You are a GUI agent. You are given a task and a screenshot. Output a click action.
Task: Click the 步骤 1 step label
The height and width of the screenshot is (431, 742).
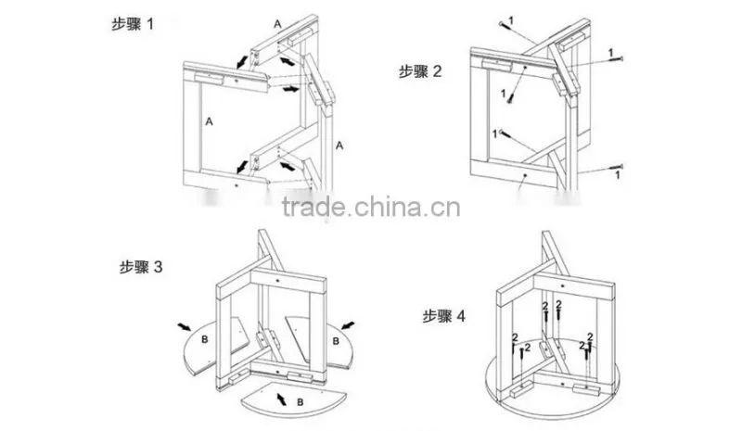pos(133,24)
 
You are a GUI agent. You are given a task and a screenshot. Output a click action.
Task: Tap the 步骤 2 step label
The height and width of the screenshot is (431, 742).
pos(420,71)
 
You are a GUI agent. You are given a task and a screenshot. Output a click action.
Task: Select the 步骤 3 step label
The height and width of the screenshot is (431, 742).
pos(141,267)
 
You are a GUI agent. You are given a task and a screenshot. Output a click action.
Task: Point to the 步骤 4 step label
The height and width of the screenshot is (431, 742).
pos(444,315)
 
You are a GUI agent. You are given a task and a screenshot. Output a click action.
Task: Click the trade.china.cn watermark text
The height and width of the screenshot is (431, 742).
pos(371,208)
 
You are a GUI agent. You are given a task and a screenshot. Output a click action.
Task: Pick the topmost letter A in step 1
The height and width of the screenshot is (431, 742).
pos(277,24)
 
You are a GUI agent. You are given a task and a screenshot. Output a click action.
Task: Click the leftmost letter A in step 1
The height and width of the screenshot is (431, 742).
pos(210,121)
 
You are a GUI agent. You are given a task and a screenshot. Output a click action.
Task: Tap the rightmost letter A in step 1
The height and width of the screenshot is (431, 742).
pos(339,146)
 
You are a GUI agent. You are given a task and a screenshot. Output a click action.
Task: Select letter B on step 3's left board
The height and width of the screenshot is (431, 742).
pos(205,339)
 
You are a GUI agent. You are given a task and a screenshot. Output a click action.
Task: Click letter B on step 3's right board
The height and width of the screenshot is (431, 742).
pos(336,341)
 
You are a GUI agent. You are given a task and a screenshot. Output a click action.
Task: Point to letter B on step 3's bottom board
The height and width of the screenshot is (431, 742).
pos(300,402)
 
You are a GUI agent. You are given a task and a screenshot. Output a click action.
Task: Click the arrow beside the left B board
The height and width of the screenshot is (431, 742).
pos(185,326)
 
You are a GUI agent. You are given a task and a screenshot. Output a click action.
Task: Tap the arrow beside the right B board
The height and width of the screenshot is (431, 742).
pos(348,325)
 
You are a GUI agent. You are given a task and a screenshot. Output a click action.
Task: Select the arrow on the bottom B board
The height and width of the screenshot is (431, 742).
pos(281,399)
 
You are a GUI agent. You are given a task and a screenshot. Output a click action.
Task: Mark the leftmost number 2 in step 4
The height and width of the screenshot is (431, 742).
pos(515,336)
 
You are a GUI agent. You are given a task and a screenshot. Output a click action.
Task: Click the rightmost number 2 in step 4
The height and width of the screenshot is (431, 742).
pos(590,336)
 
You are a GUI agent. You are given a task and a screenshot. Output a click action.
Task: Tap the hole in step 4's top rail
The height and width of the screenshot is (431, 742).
pos(563,286)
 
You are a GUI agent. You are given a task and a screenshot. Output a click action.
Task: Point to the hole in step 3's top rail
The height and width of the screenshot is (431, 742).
pos(277,281)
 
